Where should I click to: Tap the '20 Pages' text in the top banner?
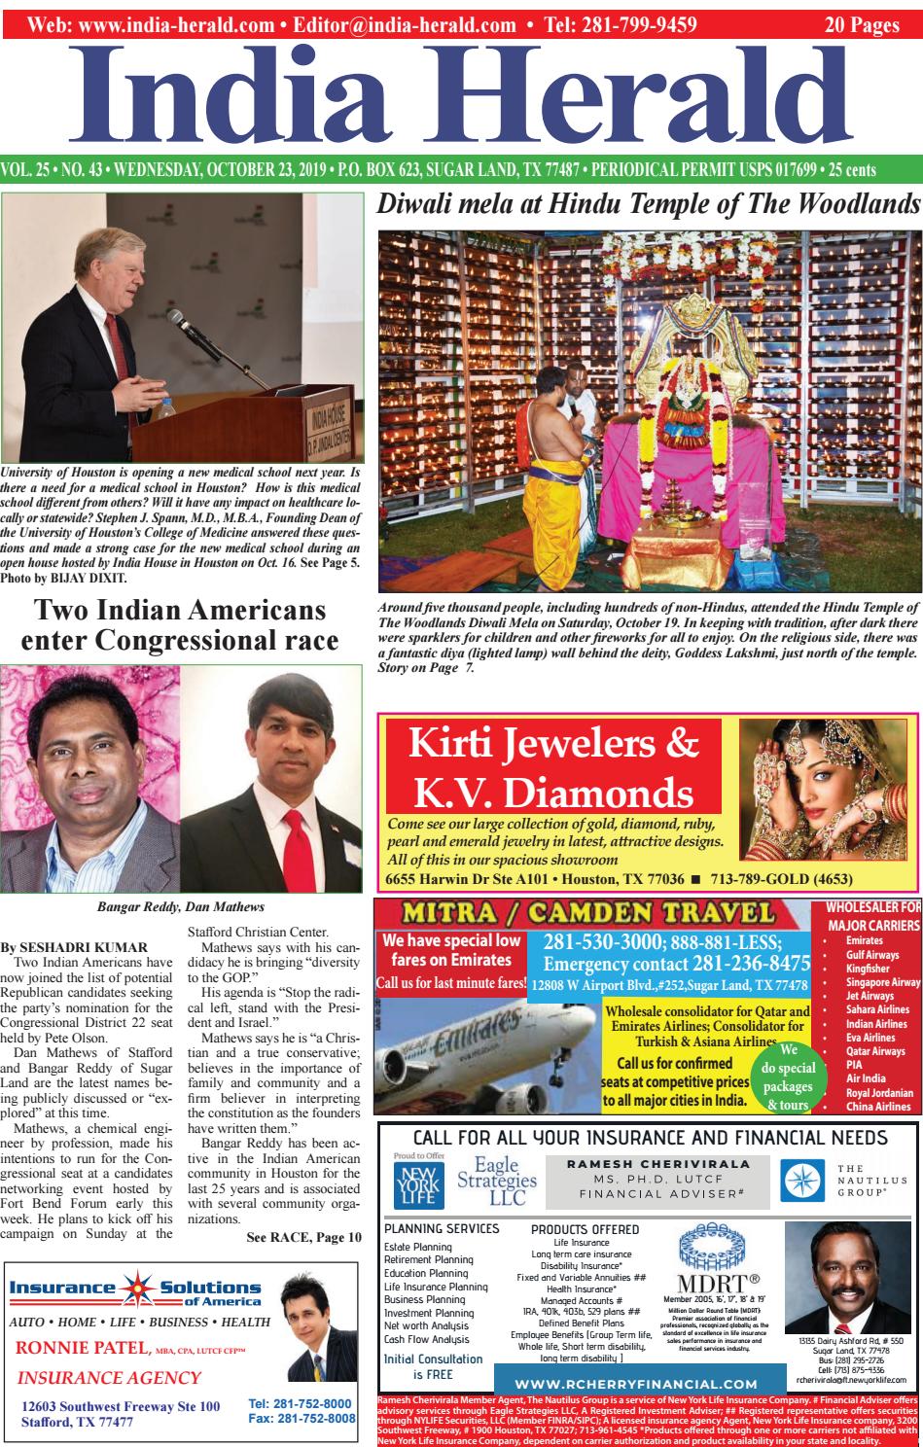[861, 25]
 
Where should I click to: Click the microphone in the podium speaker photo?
[184, 331]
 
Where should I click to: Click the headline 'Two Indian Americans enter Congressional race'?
[180, 625]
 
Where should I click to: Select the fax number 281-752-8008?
[301, 1419]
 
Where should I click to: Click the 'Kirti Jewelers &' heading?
[553, 744]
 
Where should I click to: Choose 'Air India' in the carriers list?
[865, 1078]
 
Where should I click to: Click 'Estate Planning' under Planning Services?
[417, 1247]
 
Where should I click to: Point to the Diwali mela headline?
[648, 204]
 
